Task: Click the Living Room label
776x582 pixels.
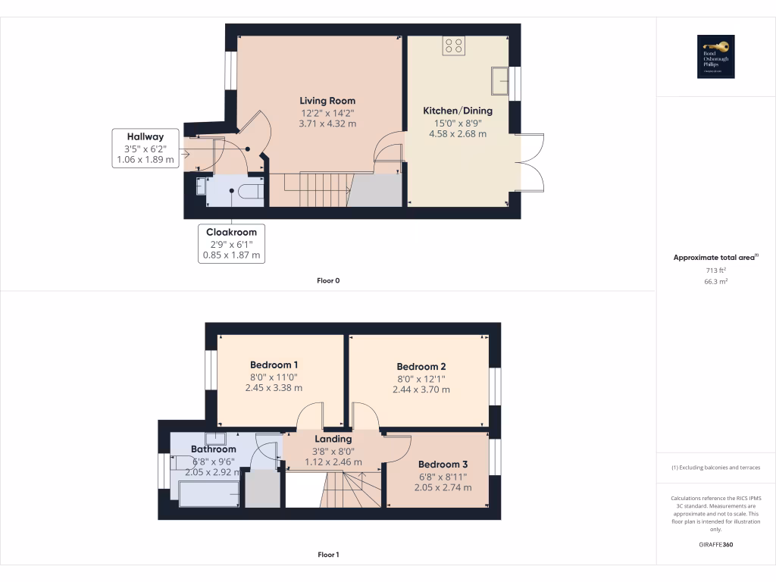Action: click(x=327, y=101)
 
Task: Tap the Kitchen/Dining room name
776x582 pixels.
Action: click(x=454, y=111)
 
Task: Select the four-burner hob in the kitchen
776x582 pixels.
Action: click(x=454, y=45)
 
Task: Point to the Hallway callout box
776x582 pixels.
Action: click(x=144, y=148)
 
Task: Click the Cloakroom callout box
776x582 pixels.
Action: click(x=231, y=243)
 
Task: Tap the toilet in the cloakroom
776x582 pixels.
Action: click(x=249, y=192)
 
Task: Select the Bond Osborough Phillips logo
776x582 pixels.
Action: click(x=715, y=57)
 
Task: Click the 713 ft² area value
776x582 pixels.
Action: click(x=715, y=270)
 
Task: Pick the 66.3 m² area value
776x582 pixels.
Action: click(x=715, y=281)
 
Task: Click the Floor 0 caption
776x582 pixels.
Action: click(x=327, y=280)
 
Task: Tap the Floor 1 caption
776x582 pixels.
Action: click(x=327, y=555)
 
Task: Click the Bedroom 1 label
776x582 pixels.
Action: click(x=274, y=365)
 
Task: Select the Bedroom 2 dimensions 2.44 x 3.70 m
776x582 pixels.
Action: click(x=421, y=390)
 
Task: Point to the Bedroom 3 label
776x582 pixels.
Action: click(x=443, y=464)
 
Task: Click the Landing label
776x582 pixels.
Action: click(x=333, y=439)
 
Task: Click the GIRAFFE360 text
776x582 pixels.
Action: click(x=715, y=545)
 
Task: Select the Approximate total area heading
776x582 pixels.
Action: click(x=715, y=258)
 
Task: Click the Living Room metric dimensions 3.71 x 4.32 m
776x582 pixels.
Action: click(x=327, y=124)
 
